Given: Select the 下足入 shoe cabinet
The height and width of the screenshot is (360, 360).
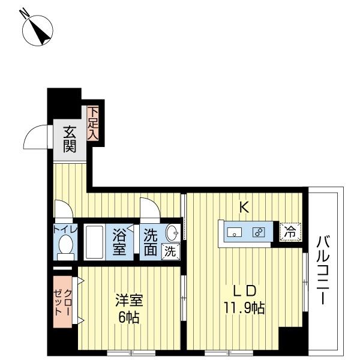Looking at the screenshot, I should [x=94, y=123].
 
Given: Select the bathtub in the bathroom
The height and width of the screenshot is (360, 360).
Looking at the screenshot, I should [x=94, y=241].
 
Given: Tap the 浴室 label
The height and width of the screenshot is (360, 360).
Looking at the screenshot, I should [x=120, y=241].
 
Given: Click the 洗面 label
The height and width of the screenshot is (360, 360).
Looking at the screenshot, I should [x=151, y=241].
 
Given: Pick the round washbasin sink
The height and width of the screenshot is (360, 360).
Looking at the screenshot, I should [x=173, y=233].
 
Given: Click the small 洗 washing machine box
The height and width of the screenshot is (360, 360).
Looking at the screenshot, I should [x=170, y=251].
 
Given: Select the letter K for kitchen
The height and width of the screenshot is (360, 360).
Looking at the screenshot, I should [x=244, y=208].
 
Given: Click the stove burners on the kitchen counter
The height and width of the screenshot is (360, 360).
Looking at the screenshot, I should [x=259, y=232].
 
